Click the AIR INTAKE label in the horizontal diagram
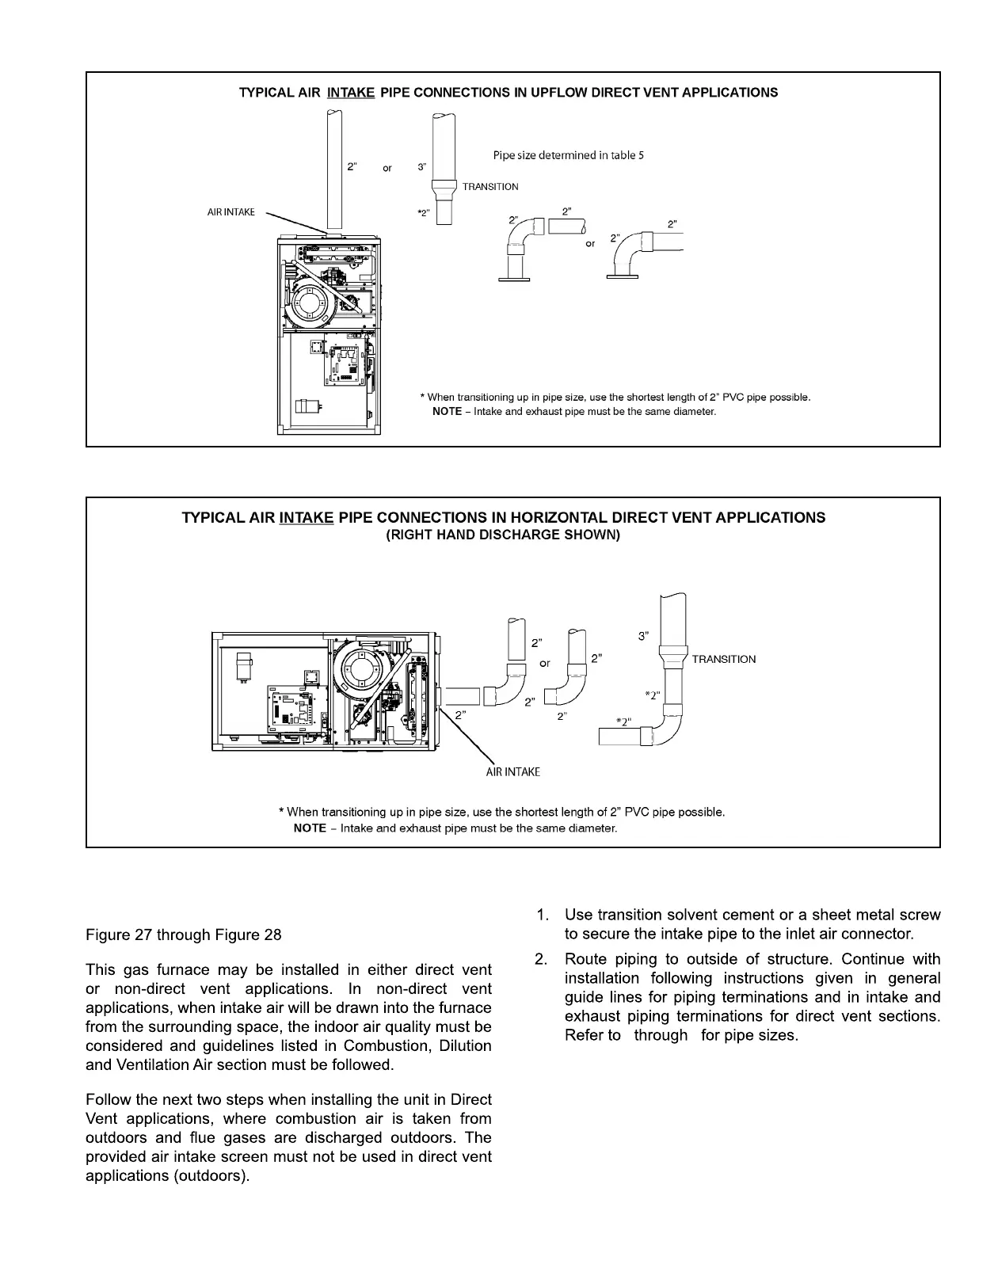[x=512, y=771]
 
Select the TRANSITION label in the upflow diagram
[x=490, y=187]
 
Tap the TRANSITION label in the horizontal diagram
[x=723, y=659]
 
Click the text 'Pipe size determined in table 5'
[x=568, y=155]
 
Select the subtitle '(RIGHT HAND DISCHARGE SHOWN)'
[x=503, y=535]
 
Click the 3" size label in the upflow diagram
[x=422, y=167]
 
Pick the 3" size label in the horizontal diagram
[x=643, y=636]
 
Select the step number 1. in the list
[x=543, y=916]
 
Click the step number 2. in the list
[x=543, y=960]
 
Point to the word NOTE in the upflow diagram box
[x=447, y=412]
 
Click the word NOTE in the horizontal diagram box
[x=309, y=828]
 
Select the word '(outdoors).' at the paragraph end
[x=210, y=1176]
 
